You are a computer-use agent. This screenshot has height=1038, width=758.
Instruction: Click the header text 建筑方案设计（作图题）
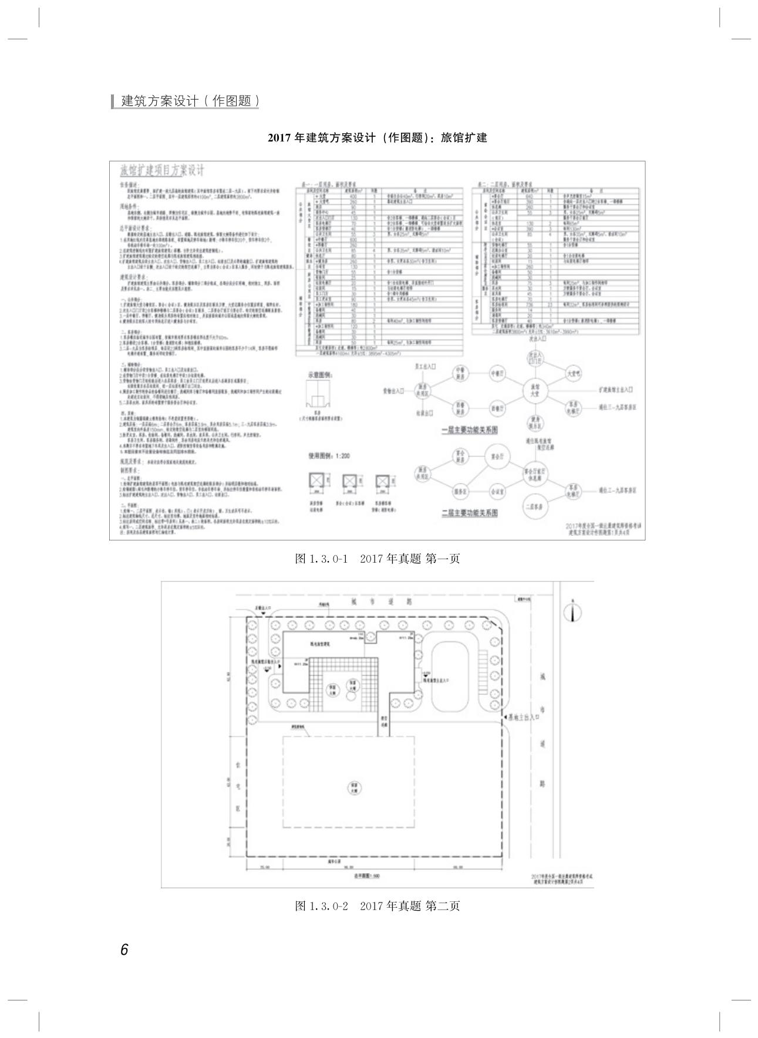[190, 101]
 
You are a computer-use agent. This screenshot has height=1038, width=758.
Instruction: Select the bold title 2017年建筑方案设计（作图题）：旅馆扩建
[378, 138]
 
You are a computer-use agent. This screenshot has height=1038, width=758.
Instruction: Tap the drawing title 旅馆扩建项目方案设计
[162, 171]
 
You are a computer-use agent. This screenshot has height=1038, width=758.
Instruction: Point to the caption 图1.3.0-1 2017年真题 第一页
[377, 559]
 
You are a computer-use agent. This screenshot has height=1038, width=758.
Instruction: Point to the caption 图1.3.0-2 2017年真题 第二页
[377, 906]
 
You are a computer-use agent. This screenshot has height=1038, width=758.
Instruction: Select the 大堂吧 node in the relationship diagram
[573, 373]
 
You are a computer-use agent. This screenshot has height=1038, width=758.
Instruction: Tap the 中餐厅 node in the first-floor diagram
[498, 373]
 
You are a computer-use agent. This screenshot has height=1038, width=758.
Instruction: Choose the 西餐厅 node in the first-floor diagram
[498, 408]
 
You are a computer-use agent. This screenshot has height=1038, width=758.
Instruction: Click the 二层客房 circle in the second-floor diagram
[535, 506]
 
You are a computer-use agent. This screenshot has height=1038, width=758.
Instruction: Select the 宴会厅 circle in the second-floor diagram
[498, 456]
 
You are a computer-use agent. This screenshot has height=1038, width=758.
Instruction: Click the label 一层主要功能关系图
[469, 430]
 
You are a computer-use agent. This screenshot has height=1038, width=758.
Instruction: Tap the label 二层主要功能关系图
[469, 513]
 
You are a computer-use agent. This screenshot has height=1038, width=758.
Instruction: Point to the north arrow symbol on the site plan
[573, 612]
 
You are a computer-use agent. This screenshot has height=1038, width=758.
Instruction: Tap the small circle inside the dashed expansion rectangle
[355, 787]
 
